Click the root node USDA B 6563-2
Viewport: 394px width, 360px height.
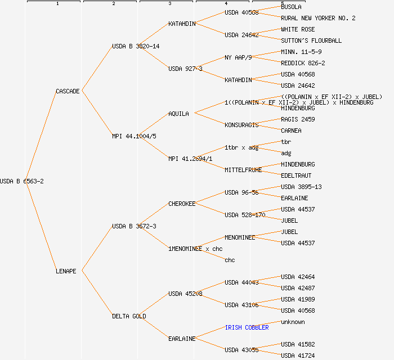pyautogui.click(x=22, y=181)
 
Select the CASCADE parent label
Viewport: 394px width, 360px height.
pyautogui.click(x=68, y=91)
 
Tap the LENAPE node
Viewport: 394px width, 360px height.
pyautogui.click(x=66, y=271)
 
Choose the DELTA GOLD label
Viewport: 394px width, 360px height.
pyautogui.click(x=129, y=316)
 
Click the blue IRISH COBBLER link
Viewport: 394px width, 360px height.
pyautogui.click(x=247, y=327)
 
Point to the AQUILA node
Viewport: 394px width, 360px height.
pyautogui.click(x=178, y=114)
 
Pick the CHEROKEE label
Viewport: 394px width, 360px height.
pyautogui.click(x=182, y=204)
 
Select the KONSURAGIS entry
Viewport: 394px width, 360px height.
pyautogui.click(x=241, y=125)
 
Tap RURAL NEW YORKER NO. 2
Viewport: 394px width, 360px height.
pyautogui.click(x=318, y=18)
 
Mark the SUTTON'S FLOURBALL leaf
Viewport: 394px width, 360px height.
pyautogui.click(x=311, y=40)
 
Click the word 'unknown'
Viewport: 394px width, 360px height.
pyautogui.click(x=293, y=322)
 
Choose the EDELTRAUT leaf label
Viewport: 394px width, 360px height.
pyautogui.click(x=296, y=175)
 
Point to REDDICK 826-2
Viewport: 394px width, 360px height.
pyautogui.click(x=303, y=63)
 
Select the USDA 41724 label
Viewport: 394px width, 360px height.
pyautogui.click(x=298, y=355)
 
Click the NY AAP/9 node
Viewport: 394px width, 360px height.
pyautogui.click(x=238, y=57)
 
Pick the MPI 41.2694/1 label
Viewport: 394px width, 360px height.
pyautogui.click(x=190, y=159)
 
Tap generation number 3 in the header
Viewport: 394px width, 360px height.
pyautogui.click(x=169, y=4)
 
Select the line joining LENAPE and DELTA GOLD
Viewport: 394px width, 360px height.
pyautogui.click(x=95, y=294)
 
